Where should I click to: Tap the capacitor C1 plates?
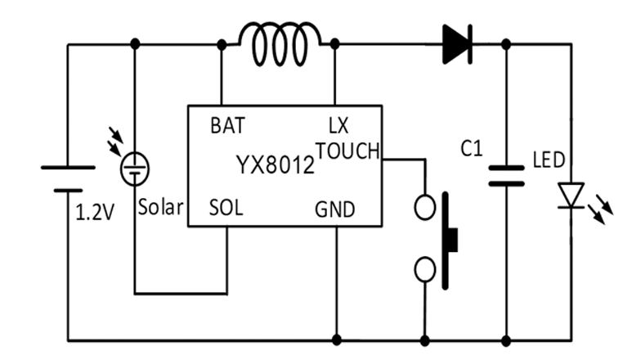click(506, 176)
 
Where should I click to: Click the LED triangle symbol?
click(571, 195)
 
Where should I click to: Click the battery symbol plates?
click(68, 178)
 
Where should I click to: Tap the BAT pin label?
click(226, 127)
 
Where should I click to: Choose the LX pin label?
click(338, 127)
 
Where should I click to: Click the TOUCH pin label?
click(347, 150)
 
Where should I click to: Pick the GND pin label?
click(335, 210)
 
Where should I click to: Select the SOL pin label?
click(226, 209)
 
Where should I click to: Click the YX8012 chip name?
click(276, 166)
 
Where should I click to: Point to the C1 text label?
click(473, 149)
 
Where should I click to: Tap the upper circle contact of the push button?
click(425, 208)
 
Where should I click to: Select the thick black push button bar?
click(448, 239)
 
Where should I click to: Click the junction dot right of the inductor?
click(335, 43)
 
